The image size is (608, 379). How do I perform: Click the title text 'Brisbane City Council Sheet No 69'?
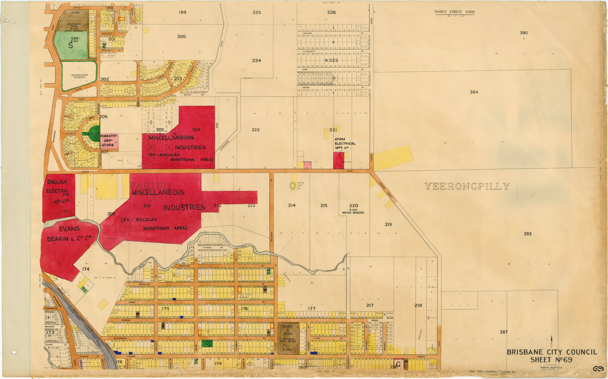(x=552, y=356)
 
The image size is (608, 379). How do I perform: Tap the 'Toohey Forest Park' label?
(x=454, y=12)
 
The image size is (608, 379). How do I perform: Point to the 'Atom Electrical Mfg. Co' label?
(x=345, y=143)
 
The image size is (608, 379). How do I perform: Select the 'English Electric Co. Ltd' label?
(x=58, y=191)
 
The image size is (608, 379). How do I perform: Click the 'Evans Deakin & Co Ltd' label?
(x=69, y=234)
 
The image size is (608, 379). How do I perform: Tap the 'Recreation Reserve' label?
(x=80, y=76)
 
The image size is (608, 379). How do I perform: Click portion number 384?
(x=474, y=92)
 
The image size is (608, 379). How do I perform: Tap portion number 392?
(x=527, y=234)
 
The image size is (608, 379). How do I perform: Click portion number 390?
(x=523, y=33)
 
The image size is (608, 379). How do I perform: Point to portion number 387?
(x=504, y=332)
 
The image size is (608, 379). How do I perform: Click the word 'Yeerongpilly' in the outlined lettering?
(x=467, y=187)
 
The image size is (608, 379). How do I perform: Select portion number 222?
(x=255, y=130)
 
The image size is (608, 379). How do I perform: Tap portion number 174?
(x=86, y=269)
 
